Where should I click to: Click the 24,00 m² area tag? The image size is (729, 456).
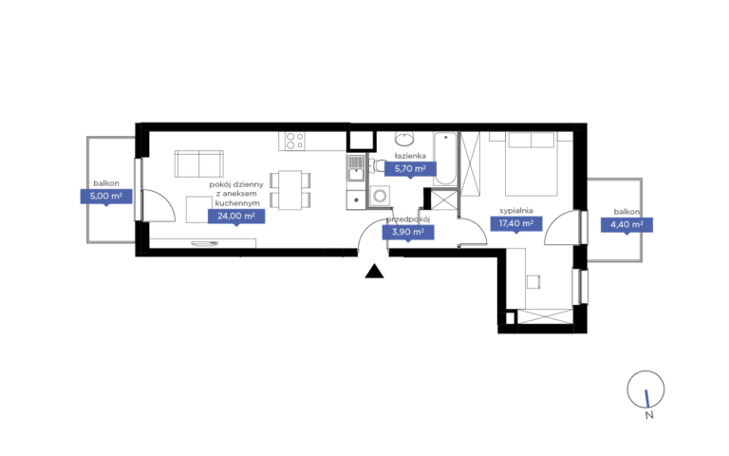[x=236, y=216]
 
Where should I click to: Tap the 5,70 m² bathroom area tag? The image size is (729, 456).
[x=410, y=168]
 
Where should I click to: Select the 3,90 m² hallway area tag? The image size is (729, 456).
[x=408, y=232]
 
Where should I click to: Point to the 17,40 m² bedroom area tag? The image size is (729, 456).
[x=516, y=223]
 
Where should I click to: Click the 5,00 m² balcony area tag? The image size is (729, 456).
[x=106, y=196]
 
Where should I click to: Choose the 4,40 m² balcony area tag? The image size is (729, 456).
[x=626, y=225]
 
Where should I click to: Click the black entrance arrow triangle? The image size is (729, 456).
[x=374, y=272]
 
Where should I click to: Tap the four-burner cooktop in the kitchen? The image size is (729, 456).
[x=295, y=141]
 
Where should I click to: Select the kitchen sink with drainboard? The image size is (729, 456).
[x=356, y=168]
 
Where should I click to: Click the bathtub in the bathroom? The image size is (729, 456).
[x=445, y=159]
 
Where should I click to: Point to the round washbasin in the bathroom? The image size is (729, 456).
[x=405, y=138]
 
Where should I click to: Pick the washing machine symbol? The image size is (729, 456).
[x=380, y=196]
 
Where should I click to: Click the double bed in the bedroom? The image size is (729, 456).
[x=531, y=163]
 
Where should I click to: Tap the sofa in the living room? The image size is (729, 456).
[x=199, y=163]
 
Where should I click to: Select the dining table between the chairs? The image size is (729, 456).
[x=290, y=190]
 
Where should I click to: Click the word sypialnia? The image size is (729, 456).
[x=516, y=211]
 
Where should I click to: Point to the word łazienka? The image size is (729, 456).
[x=410, y=156]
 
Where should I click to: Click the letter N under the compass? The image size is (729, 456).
[x=649, y=415]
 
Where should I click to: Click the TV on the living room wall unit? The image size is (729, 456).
[x=205, y=243]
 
